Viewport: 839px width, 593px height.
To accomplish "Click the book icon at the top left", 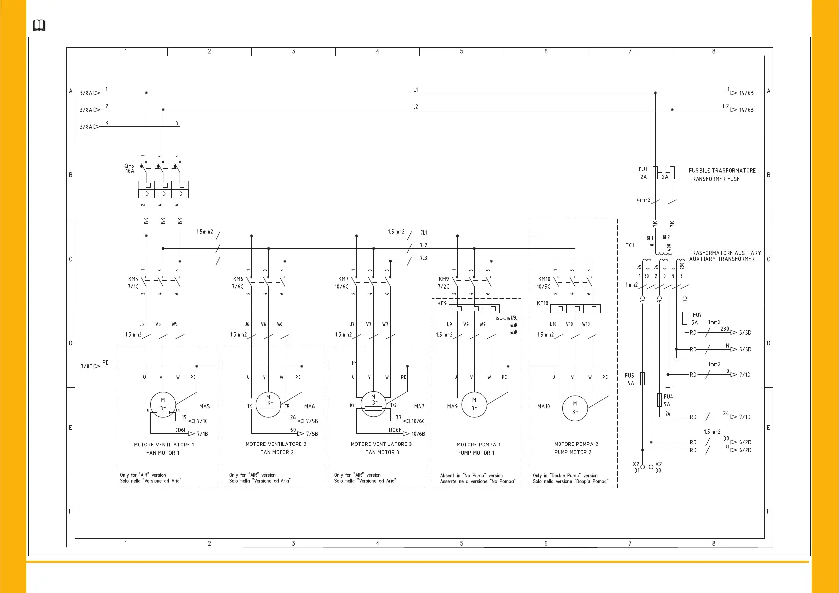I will pyautogui.click(x=39, y=25).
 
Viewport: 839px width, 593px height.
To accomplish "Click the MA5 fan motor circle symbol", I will pyautogui.click(x=163, y=404).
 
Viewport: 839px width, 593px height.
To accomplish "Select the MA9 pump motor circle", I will pyautogui.click(x=474, y=404).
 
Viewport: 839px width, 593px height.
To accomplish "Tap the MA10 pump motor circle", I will pyautogui.click(x=575, y=408).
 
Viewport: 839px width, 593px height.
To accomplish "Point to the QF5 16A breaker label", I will pyautogui.click(x=129, y=168).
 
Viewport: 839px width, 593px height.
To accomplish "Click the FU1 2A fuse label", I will pyautogui.click(x=643, y=173).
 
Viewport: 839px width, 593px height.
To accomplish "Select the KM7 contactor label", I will pyautogui.click(x=343, y=279).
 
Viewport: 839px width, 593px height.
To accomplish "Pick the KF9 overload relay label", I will pyautogui.click(x=442, y=303).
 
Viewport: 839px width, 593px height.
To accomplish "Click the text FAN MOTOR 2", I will pyautogui.click(x=277, y=452).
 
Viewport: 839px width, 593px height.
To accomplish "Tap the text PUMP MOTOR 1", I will pyautogui.click(x=476, y=453).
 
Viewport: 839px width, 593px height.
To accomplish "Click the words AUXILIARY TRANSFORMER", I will pyautogui.click(x=721, y=259).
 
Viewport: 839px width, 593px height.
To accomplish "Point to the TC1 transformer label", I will pyautogui.click(x=630, y=245).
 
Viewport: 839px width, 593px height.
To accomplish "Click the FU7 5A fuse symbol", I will pyautogui.click(x=685, y=318).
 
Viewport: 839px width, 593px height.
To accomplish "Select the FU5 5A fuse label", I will pyautogui.click(x=630, y=379).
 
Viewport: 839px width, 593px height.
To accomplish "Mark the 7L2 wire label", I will pyautogui.click(x=423, y=245).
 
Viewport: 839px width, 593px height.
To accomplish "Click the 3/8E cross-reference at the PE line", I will pyautogui.click(x=86, y=366).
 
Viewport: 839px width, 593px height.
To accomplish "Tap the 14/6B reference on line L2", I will pyautogui.click(x=746, y=110).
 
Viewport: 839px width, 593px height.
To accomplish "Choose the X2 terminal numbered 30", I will pyautogui.click(x=651, y=467).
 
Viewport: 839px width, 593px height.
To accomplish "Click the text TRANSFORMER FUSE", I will pyautogui.click(x=714, y=179).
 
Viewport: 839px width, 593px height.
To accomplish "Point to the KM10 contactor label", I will pyautogui.click(x=544, y=279).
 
